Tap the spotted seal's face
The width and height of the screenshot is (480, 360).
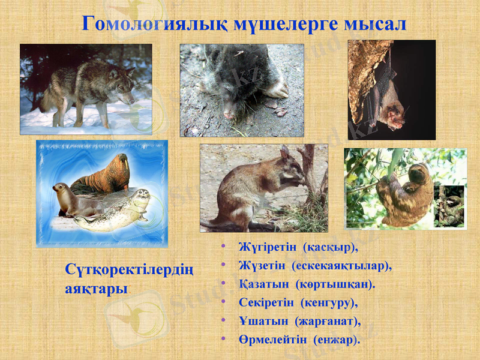click(140, 197)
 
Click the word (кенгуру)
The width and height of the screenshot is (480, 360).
click(329, 302)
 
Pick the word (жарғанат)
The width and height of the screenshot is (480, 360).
click(332, 320)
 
